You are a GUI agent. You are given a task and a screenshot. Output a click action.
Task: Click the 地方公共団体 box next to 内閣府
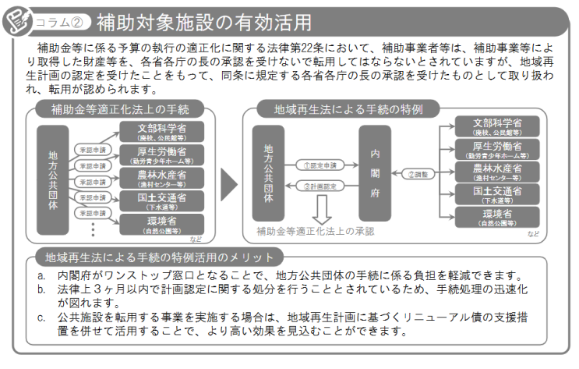269,172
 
